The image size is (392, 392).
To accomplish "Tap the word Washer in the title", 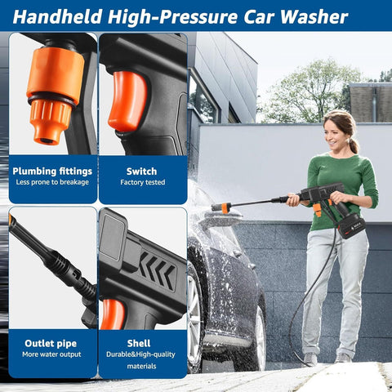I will [314, 16].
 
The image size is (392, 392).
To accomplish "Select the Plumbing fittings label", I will [51, 171].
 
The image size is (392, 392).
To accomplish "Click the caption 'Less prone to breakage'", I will [51, 184].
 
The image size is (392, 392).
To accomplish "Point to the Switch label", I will [141, 171].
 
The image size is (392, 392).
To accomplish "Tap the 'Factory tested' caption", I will [141, 184].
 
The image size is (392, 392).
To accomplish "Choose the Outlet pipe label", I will [51, 344].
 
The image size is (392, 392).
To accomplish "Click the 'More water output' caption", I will [51, 355].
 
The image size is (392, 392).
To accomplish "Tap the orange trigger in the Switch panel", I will [127, 101].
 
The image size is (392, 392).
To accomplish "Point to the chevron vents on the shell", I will [156, 270].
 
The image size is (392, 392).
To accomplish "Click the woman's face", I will [338, 130].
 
